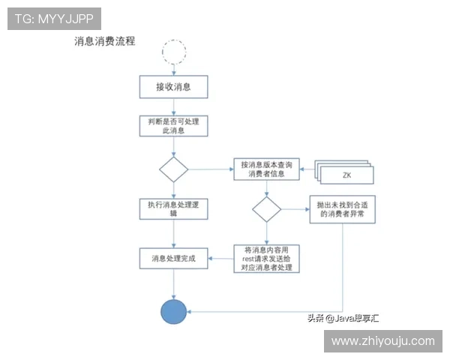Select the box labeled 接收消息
[x=172, y=87]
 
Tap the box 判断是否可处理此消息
[x=172, y=125]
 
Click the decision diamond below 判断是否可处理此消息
[x=173, y=169]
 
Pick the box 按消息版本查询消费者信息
[x=265, y=169]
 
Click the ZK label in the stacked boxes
[x=346, y=174]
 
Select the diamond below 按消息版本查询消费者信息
[x=265, y=209]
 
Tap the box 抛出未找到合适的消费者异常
[x=342, y=209]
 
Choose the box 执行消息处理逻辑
[x=173, y=208]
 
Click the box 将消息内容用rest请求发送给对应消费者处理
[x=265, y=258]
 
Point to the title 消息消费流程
[x=105, y=41]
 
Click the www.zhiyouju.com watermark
[x=382, y=341]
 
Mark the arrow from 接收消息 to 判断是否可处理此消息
[x=173, y=106]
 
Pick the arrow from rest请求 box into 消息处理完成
[x=219, y=259]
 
